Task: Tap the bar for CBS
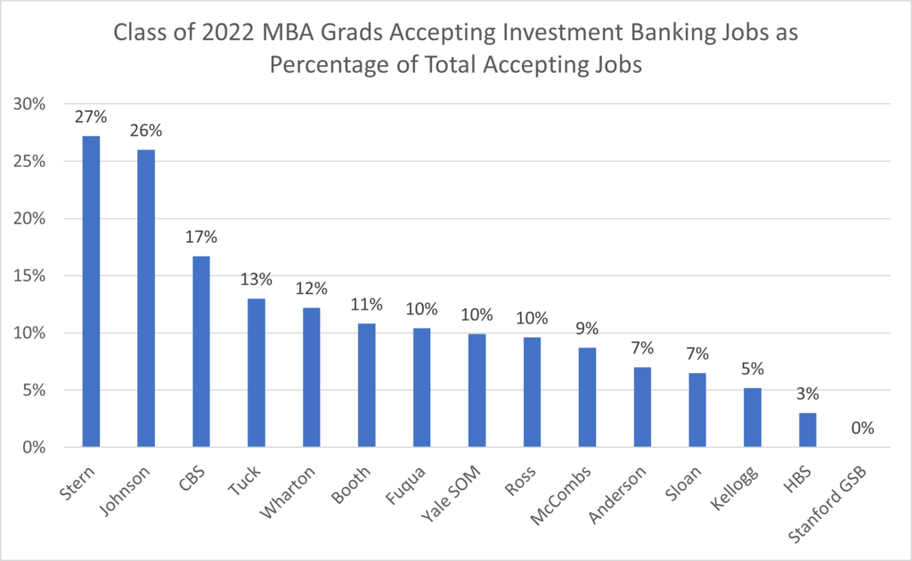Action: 201,351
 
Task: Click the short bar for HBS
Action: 807,429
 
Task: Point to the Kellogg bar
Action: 752,417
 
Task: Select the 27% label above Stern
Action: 91,118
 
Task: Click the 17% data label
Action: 201,238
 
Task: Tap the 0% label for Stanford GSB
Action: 862,428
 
